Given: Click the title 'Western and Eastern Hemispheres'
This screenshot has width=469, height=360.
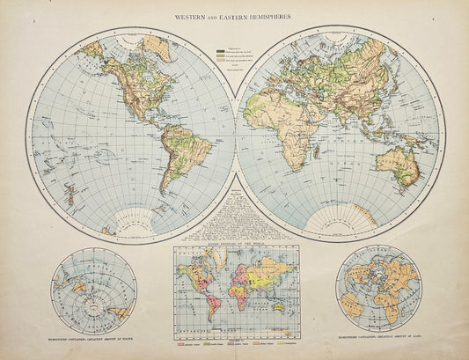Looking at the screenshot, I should pyautogui.click(x=234, y=15).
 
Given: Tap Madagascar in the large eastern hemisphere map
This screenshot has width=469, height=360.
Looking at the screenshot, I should pyautogui.click(x=325, y=173).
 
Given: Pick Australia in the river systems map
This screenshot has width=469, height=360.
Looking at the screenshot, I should pyautogui.click(x=279, y=310).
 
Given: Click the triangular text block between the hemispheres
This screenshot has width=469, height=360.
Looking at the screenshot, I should pyautogui.click(x=233, y=216).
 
